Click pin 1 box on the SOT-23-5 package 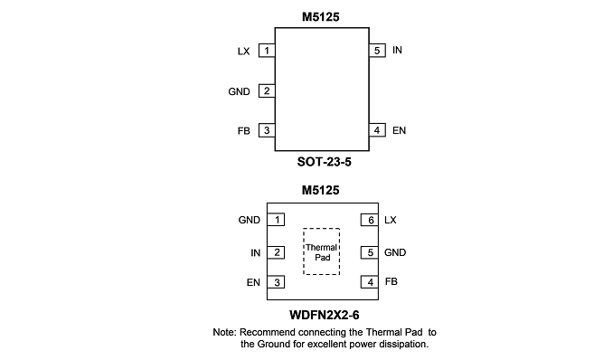(267, 51)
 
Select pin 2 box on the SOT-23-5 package (267, 90)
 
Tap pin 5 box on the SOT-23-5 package (377, 51)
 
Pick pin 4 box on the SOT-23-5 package (377, 130)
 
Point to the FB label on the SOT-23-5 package (243, 130)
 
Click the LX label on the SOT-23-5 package (243, 52)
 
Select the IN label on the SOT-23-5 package (397, 50)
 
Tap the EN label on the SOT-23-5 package (399, 130)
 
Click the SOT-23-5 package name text (324, 162)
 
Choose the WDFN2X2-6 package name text (324, 315)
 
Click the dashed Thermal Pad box (321, 229)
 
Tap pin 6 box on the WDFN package (370, 220)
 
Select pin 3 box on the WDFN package (276, 282)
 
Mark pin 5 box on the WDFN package (370, 252)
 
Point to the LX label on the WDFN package (391, 220)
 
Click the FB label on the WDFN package (391, 281)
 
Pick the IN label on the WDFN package (255, 253)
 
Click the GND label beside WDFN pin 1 (249, 220)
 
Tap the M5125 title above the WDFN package (321, 190)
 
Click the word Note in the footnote (223, 332)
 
